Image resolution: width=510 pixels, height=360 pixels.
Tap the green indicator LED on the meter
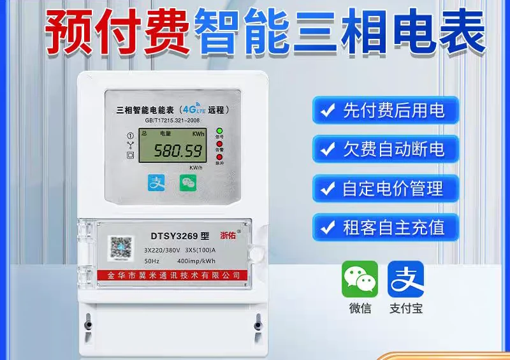219,131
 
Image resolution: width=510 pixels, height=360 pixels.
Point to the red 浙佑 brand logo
229,234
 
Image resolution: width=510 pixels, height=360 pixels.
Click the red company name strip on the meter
171,275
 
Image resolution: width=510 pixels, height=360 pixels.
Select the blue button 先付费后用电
385,112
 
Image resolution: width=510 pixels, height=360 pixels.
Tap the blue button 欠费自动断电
385,150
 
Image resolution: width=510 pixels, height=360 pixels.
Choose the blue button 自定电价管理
385,189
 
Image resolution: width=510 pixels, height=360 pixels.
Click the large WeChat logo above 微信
360,279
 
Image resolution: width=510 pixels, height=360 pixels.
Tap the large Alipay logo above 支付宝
405,279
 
